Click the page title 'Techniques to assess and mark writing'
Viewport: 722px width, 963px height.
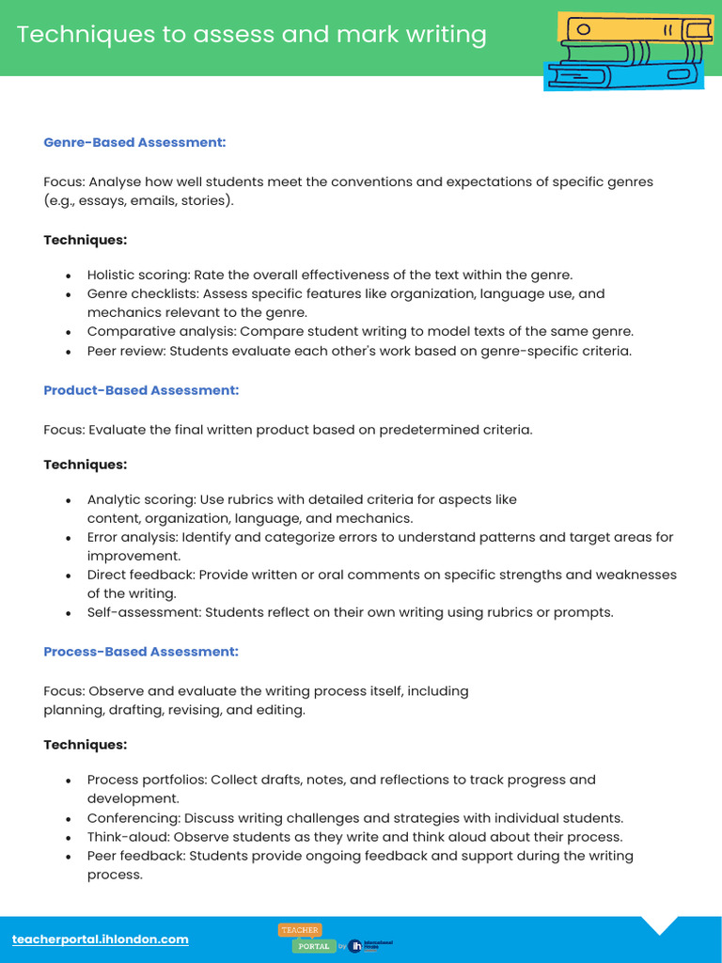251,35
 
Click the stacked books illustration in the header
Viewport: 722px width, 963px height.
625,52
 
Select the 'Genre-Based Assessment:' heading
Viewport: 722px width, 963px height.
135,142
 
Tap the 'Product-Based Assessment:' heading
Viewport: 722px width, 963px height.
141,389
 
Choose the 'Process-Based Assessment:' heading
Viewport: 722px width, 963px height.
141,651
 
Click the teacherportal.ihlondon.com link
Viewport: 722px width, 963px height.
101,939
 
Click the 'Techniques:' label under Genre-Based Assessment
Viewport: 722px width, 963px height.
85,240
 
